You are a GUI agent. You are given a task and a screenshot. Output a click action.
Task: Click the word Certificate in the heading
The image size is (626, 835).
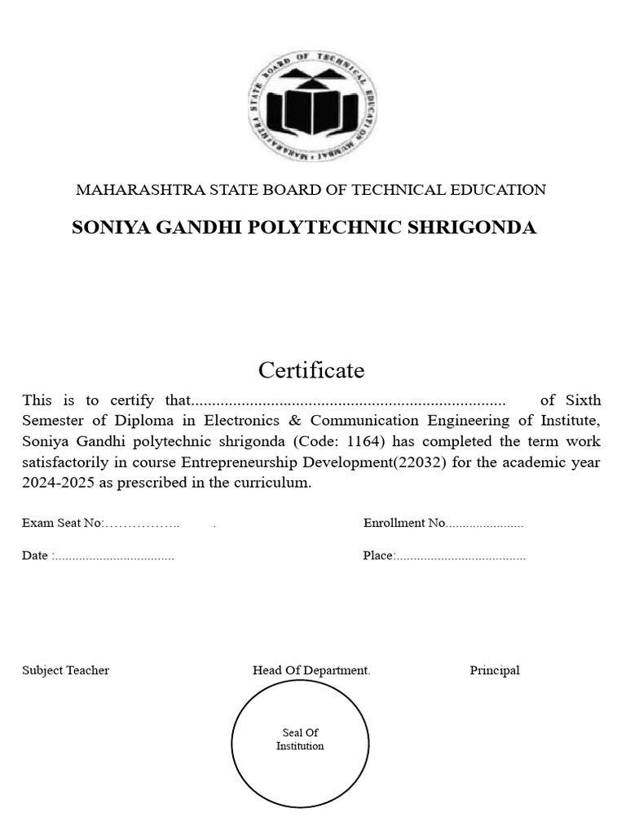311,370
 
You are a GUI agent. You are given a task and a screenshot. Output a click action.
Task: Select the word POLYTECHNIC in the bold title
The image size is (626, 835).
319,228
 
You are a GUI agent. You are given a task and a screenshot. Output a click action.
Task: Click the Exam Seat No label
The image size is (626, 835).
62,524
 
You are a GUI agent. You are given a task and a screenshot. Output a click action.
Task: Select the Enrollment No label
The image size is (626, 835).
403,524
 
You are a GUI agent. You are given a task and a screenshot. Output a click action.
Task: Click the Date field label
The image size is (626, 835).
36,556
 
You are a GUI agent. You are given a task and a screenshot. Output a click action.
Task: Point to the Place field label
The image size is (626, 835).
378,556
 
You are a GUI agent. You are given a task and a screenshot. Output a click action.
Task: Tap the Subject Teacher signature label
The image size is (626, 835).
65,670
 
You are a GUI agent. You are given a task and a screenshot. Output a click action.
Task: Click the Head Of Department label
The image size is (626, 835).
311,670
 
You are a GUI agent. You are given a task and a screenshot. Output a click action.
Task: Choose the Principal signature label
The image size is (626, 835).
494,670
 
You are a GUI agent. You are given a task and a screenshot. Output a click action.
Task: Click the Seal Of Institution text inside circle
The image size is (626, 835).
300,740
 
